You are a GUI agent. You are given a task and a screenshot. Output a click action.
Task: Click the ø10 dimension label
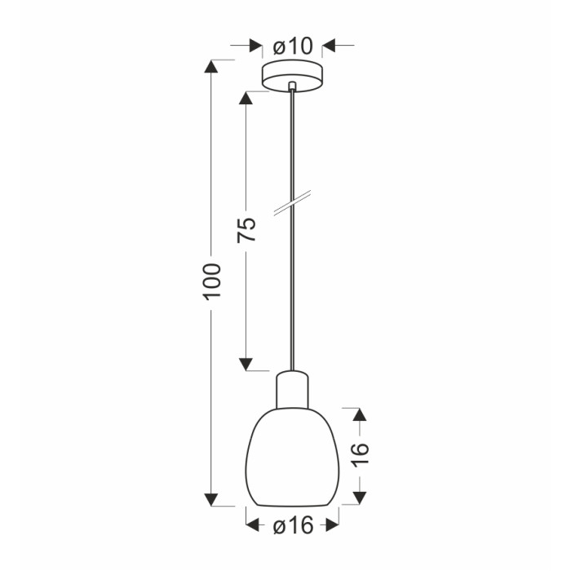[x=293, y=46]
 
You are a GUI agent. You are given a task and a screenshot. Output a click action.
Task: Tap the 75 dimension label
[x=246, y=230]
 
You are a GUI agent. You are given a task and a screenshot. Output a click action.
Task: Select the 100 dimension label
[x=212, y=282]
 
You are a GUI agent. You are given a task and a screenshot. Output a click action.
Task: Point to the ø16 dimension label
[x=293, y=525]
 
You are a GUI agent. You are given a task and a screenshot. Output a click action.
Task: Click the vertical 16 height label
[x=361, y=454]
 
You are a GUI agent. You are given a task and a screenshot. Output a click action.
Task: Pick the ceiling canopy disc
[x=292, y=76]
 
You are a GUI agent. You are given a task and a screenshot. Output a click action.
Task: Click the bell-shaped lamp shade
[x=292, y=458]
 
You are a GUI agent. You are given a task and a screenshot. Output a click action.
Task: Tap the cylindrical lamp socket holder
[x=292, y=389]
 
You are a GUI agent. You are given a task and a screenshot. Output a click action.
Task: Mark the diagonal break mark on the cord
[x=292, y=203]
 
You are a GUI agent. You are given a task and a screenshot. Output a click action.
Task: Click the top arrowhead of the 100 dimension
[x=211, y=66]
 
